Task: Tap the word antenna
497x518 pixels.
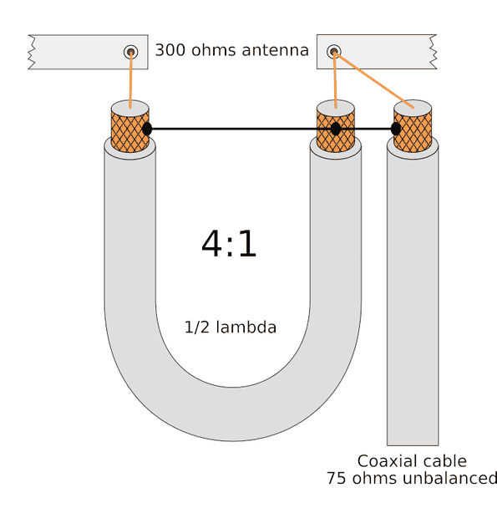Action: (275, 50)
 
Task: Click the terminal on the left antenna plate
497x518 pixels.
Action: (131, 52)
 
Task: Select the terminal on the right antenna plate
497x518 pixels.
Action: (334, 51)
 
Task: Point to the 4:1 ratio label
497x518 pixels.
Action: (229, 244)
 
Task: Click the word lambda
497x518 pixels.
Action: (246, 327)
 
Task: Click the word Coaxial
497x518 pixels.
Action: (390, 461)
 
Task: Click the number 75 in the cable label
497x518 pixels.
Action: (337, 478)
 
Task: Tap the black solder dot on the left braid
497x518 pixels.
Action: (147, 129)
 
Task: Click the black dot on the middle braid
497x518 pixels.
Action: (336, 129)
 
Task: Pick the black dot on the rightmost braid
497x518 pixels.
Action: (396, 129)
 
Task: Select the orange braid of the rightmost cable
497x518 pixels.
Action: (413, 132)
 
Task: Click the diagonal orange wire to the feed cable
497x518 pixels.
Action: (374, 79)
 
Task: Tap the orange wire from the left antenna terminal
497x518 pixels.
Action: (131, 80)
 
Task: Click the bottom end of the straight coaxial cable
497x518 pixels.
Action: (413, 444)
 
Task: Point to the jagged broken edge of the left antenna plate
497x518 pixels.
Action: (32, 52)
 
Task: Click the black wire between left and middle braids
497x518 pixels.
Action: (241, 129)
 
